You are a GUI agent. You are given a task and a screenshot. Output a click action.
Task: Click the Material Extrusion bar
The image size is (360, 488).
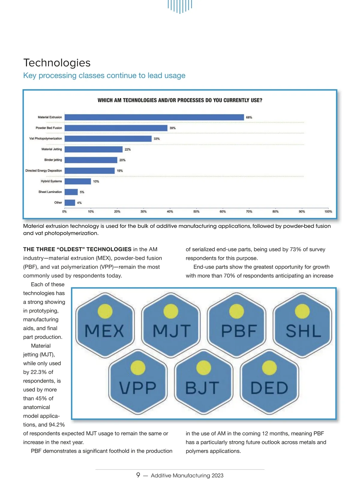click(154, 117)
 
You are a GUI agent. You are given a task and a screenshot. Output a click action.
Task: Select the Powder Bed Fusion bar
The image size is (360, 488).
click(116, 128)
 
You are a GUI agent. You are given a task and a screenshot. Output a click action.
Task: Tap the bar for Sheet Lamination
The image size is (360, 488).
click(71, 192)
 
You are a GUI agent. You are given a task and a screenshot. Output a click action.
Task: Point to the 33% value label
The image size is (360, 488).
click(157, 139)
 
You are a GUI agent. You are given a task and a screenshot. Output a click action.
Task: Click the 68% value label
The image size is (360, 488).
click(249, 117)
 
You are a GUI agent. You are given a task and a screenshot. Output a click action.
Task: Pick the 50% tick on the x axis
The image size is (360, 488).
click(196, 212)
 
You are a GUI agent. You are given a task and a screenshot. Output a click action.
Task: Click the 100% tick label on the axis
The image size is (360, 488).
click(328, 212)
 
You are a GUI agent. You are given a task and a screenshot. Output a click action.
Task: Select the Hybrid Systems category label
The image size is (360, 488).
click(51, 181)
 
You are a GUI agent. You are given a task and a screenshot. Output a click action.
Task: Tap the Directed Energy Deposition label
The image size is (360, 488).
click(43, 170)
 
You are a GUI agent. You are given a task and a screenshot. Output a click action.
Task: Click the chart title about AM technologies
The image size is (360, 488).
click(180, 100)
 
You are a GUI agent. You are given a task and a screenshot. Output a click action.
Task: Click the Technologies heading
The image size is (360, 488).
click(57, 63)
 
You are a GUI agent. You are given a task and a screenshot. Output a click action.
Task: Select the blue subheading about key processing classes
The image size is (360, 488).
click(104, 75)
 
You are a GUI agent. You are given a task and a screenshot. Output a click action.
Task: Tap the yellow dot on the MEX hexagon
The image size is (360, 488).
click(105, 311)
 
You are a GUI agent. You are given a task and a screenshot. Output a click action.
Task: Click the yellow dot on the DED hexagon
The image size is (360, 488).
click(269, 368)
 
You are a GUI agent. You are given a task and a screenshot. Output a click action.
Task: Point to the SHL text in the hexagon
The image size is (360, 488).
click(303, 331)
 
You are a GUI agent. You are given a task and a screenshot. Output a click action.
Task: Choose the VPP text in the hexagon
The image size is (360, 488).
click(138, 388)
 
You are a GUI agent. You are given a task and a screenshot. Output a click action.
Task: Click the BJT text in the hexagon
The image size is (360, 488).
click(202, 388)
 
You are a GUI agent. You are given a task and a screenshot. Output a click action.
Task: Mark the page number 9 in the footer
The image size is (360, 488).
click(138, 475)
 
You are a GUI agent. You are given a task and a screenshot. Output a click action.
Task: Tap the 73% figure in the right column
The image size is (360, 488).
click(295, 249)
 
